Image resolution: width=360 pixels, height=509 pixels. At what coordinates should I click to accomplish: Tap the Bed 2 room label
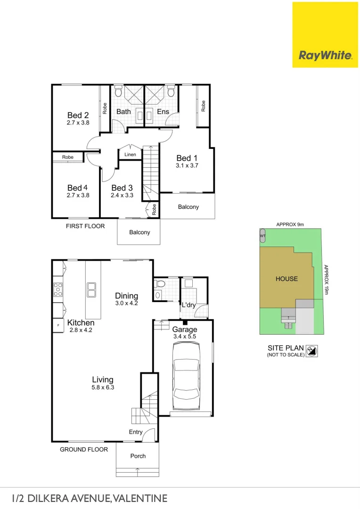78,115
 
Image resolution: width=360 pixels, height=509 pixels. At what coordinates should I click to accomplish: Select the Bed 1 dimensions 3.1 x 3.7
187,166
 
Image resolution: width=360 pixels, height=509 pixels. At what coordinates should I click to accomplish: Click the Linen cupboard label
130,155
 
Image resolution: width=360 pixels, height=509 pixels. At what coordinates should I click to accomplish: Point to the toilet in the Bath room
118,91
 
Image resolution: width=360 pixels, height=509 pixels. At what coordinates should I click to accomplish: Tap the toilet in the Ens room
171,91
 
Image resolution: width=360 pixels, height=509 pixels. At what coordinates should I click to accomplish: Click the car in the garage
186,377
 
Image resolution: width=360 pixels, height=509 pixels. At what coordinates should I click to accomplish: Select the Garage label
185,329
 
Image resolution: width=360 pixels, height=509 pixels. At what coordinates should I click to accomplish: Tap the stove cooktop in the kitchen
58,289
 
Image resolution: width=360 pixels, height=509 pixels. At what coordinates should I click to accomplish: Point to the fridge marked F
58,325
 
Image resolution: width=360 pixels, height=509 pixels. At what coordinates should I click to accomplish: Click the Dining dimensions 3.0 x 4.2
126,303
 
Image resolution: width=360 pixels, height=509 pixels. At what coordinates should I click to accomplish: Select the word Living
102,379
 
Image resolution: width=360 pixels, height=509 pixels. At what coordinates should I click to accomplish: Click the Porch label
138,456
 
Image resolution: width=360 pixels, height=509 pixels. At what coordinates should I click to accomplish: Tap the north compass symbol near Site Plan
311,351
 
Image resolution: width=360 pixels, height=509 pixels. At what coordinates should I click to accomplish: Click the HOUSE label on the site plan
286,279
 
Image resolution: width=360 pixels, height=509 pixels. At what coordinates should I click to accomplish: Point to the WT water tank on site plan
262,235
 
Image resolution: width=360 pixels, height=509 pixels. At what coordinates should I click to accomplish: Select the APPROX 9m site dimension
290,224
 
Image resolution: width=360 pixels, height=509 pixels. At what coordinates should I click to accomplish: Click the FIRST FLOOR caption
85,226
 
